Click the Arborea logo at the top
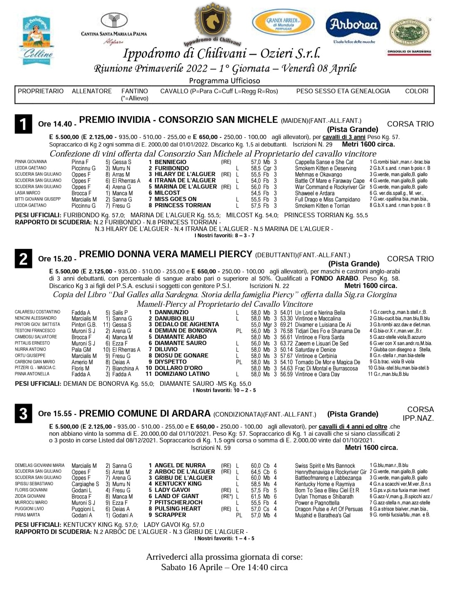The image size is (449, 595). pos(353,26)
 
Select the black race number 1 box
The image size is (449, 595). pos(23,124)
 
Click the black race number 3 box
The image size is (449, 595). pos(23,414)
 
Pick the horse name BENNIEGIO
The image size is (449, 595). pos(170,162)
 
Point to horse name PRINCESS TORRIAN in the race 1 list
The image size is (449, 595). pos(183,205)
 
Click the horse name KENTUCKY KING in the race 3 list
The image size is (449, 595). pos(178,484)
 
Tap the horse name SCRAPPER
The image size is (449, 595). pos(170,515)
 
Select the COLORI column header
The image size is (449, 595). pos(417,91)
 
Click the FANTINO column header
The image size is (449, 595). pos(134,91)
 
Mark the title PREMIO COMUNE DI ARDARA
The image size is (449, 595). pos(145,414)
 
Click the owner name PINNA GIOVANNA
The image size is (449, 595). pos(31,161)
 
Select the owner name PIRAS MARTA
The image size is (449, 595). pos(27,515)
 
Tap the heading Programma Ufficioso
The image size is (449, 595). pos(224,81)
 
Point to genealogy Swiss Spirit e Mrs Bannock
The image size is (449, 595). pos(325,466)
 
